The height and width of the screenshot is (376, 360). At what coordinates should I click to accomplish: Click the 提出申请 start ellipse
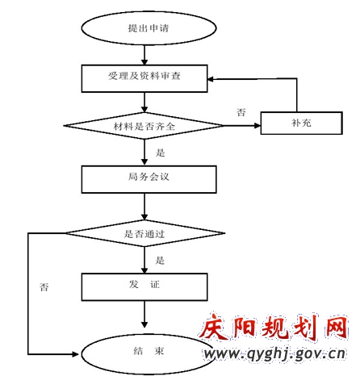149,28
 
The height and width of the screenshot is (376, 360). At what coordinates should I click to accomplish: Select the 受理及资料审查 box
144,78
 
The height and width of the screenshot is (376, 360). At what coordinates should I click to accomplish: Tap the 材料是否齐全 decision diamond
144,126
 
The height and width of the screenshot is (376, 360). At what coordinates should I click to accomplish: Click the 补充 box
302,123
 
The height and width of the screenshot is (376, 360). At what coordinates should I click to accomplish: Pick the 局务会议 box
149,179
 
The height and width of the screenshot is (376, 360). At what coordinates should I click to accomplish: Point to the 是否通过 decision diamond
145,233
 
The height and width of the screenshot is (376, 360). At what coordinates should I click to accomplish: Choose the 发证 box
144,286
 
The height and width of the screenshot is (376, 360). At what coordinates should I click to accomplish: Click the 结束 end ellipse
149,354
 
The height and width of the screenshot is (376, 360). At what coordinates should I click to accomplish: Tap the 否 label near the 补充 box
241,112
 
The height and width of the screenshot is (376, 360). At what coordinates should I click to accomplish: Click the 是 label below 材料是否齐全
160,152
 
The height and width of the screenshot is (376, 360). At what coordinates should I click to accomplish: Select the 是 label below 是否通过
160,260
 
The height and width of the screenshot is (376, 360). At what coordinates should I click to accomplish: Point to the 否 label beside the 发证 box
44,287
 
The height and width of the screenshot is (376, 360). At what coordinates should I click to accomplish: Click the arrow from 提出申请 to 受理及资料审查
144,55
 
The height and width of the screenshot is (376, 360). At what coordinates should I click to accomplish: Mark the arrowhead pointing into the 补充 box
257,126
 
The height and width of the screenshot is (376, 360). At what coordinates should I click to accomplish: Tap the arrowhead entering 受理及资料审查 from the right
211,79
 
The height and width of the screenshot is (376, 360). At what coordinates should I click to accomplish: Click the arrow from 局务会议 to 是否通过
144,207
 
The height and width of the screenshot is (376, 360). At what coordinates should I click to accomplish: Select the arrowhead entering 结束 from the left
75,354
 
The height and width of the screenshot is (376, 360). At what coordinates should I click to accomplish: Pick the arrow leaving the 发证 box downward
144,314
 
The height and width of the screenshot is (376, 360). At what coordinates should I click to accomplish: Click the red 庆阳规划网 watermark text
273,328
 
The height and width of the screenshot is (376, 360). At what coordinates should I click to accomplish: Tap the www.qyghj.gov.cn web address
274,354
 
